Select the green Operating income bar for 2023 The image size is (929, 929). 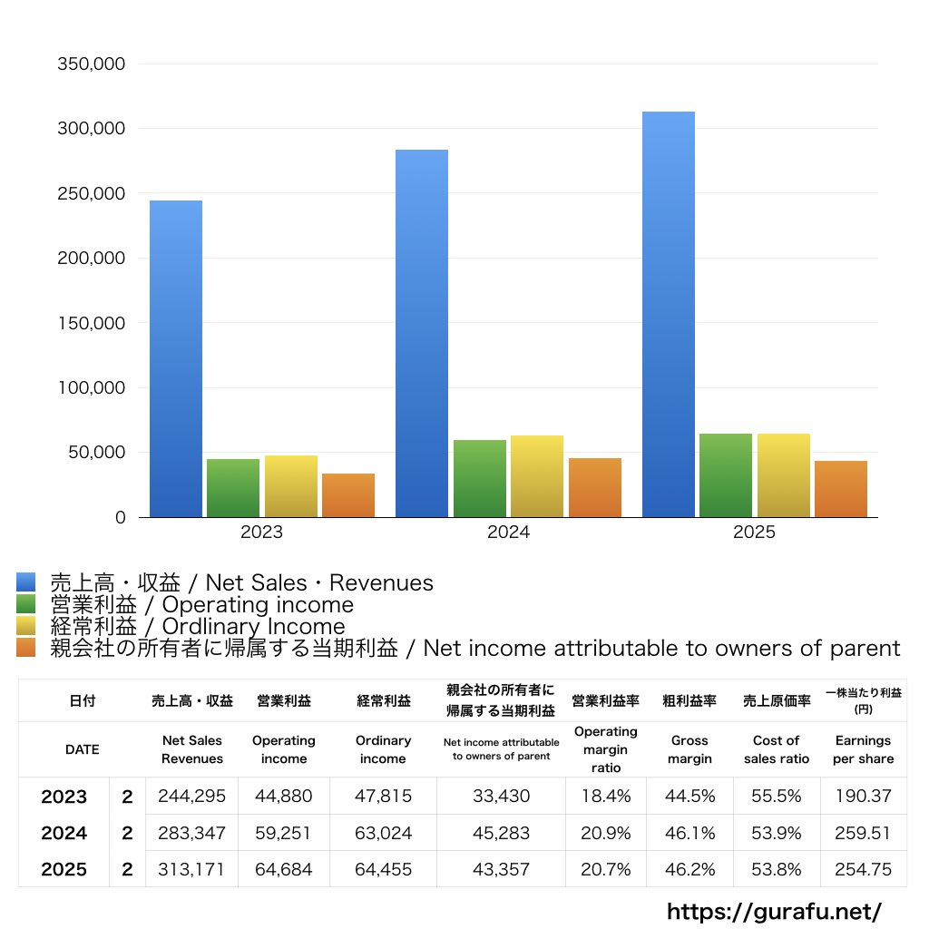[x=233, y=488]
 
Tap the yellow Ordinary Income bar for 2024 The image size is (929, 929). [x=537, y=476]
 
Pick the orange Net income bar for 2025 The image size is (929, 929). [x=841, y=489]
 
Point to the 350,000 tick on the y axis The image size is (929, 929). [x=91, y=64]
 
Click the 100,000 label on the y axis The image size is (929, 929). [x=91, y=388]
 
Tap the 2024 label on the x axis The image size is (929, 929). [x=508, y=533]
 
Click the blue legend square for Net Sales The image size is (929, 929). [x=26, y=582]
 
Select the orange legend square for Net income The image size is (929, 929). [x=26, y=648]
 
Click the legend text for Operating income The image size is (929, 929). [x=201, y=605]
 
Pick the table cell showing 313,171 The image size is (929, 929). [x=191, y=869]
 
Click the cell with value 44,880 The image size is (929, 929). [x=284, y=797]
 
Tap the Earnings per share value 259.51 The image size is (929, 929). [x=863, y=833]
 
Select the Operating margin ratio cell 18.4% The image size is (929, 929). [x=606, y=797]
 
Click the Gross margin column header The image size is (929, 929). [x=689, y=749]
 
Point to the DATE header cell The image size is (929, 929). [x=82, y=749]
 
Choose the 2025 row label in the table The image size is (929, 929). [x=64, y=869]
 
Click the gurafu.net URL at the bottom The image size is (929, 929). [x=774, y=911]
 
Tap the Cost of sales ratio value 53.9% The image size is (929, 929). [x=776, y=833]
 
